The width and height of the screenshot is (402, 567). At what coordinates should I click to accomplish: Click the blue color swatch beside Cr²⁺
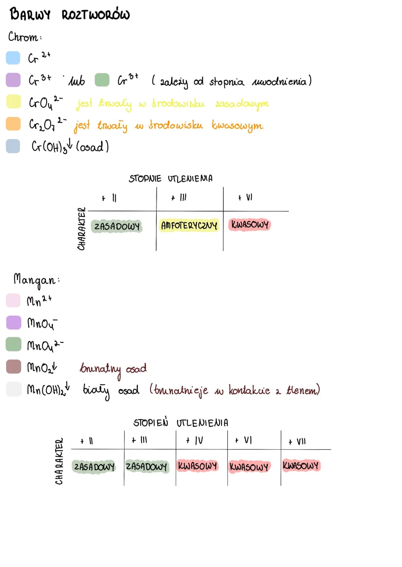point(13,58)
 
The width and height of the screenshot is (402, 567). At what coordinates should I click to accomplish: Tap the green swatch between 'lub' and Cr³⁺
point(102,80)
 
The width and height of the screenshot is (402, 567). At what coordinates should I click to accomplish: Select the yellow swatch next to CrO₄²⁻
point(13,102)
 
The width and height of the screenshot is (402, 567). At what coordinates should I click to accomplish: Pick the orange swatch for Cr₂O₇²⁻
point(13,124)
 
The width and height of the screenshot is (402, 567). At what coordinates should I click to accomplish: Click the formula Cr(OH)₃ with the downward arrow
point(52,146)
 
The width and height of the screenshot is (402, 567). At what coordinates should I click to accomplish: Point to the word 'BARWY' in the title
point(30,14)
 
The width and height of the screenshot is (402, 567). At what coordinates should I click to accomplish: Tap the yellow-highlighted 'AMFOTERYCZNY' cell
point(189,225)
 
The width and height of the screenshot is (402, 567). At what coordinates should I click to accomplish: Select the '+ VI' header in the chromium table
point(245,197)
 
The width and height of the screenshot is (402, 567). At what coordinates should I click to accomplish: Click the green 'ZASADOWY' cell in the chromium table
point(117,226)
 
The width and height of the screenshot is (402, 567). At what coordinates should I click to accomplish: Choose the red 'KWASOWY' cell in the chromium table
point(250,225)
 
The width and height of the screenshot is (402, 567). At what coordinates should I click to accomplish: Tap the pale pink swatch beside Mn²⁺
point(13,300)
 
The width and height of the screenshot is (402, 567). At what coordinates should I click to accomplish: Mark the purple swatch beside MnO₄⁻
point(13,322)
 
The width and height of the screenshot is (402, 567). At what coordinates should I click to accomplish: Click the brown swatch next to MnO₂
point(13,367)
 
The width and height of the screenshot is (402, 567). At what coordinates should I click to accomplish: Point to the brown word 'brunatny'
point(100,370)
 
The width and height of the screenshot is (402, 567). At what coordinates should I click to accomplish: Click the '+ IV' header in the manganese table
point(194,441)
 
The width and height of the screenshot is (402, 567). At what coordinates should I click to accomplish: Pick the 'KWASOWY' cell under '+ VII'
point(301,465)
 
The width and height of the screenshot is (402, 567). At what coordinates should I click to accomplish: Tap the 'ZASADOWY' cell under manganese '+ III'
point(147,466)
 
